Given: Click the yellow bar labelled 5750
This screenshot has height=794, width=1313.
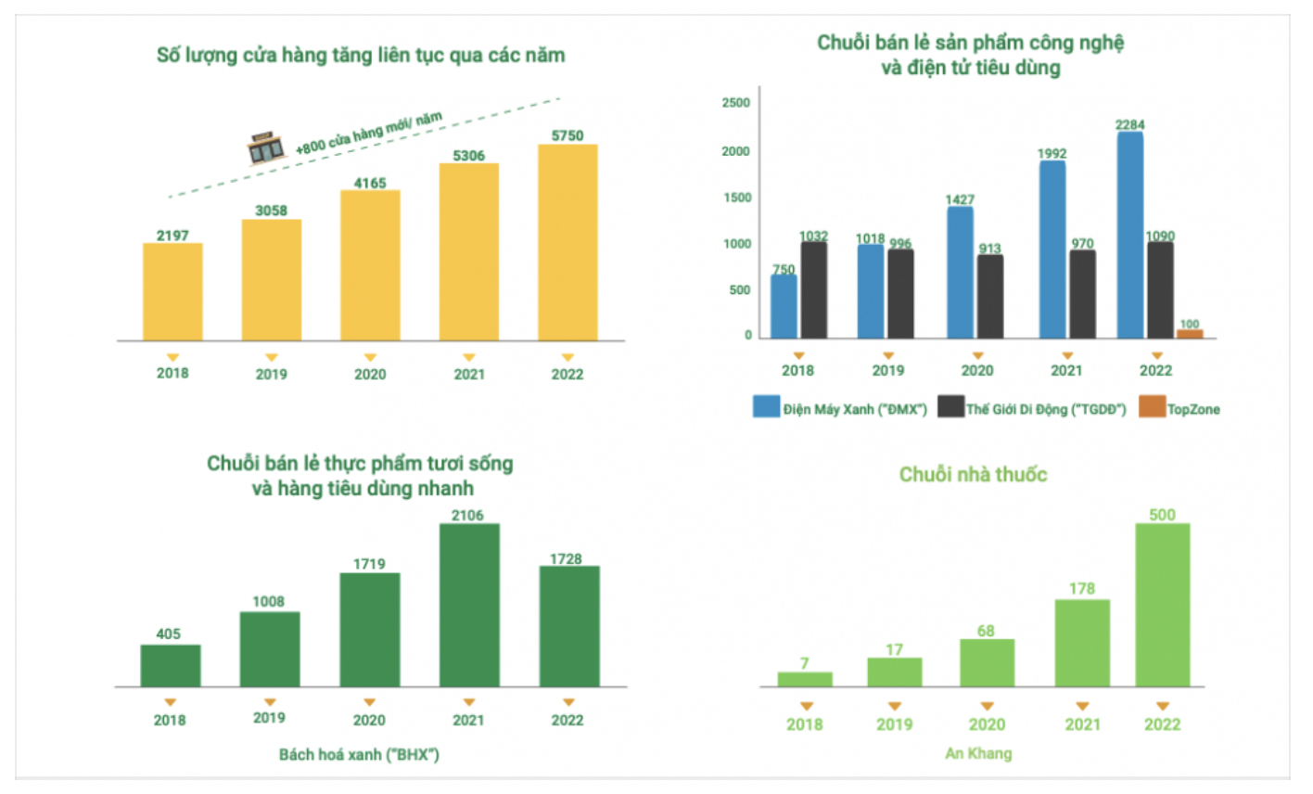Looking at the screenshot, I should (x=567, y=243).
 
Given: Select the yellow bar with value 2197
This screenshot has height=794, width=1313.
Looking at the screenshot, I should (x=172, y=292).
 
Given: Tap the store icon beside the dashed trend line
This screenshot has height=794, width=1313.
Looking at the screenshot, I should (x=266, y=148).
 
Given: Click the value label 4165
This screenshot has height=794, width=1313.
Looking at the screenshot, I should (x=370, y=183).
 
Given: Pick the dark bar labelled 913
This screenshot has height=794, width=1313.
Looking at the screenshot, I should (x=989, y=297).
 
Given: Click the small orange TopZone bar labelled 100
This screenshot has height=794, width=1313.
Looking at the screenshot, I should (x=1190, y=334).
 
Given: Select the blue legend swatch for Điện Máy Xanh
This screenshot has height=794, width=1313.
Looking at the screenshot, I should (x=766, y=406).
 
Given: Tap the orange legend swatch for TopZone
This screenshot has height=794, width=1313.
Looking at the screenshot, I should (x=1152, y=406).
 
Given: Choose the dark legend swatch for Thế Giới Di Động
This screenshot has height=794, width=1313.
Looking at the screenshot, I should (x=951, y=406).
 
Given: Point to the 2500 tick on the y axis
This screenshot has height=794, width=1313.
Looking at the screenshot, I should (x=736, y=103).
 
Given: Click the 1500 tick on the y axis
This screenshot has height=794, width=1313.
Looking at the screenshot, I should (x=736, y=198).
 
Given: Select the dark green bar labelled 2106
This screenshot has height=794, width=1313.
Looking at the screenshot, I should (x=469, y=605).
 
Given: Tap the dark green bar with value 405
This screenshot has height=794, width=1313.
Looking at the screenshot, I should (x=171, y=666).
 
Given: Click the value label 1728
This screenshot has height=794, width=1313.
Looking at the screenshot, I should (x=566, y=558).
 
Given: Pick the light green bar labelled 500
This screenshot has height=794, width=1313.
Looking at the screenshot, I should (x=1163, y=605).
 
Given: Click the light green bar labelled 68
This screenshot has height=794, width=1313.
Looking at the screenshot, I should (x=987, y=663).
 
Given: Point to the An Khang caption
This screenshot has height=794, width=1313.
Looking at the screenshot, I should (x=978, y=753).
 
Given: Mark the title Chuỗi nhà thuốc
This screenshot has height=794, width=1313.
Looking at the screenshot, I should (x=973, y=474).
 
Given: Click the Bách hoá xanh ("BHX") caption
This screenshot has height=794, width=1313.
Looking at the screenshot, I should (x=359, y=754).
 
